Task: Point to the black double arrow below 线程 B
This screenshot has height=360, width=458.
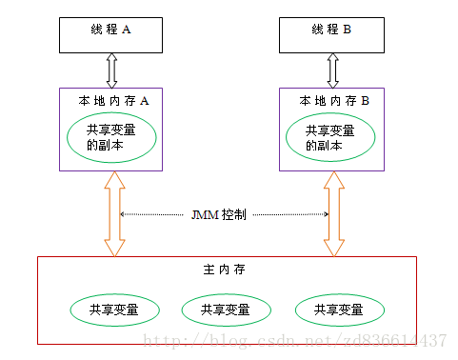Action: point(331,70)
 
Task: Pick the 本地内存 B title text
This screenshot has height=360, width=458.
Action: point(334,99)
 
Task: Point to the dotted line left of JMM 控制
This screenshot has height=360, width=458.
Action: point(157,214)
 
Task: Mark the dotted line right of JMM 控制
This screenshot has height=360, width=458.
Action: point(289,214)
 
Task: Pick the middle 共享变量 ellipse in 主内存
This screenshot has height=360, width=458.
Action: point(226,310)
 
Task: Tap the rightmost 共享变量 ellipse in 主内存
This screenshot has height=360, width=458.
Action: point(339,310)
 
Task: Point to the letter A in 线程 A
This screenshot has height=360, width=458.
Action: point(127,30)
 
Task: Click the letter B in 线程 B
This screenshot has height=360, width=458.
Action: point(347,30)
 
